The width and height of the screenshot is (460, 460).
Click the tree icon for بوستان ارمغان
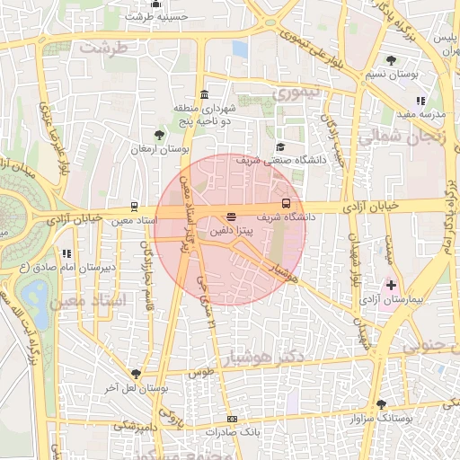pos(159,134)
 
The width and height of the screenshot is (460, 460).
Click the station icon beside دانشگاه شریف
pos(287,203)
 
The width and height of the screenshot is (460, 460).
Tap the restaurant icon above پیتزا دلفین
pos(232,217)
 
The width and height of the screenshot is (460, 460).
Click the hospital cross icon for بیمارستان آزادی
pos(390,285)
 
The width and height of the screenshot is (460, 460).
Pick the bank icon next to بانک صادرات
pos(233,420)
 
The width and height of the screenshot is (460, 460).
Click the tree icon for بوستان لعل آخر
pos(136,374)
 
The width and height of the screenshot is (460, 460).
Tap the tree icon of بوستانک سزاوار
pos(381,405)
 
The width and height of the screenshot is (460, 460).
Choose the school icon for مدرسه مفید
pos(420,101)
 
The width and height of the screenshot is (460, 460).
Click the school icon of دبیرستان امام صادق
pos(65,254)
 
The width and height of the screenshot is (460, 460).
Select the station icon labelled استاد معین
pos(134,206)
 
